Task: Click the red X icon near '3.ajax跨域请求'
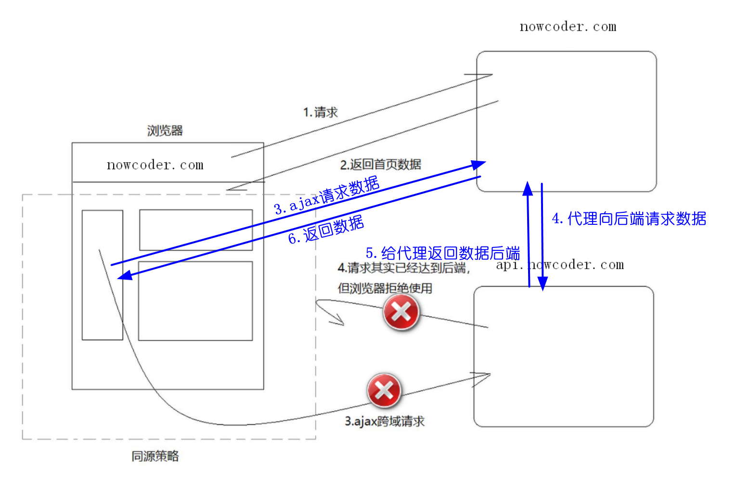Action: [x=384, y=390]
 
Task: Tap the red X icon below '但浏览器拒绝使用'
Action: [x=401, y=312]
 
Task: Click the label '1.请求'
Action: [x=321, y=112]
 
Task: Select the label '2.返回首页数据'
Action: [x=380, y=165]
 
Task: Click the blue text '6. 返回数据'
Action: [x=326, y=230]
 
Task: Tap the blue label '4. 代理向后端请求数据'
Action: [x=629, y=219]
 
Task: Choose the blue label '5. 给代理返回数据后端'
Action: [x=443, y=253]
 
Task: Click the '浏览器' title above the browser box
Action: [x=165, y=130]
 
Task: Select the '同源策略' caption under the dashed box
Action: [x=155, y=456]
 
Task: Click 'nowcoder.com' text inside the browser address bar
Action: [x=155, y=165]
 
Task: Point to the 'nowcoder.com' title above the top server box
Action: [x=568, y=27]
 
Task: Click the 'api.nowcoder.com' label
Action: [x=560, y=265]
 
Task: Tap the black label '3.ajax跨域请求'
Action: [x=385, y=421]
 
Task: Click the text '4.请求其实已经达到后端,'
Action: [x=403, y=268]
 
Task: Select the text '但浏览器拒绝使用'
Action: [x=385, y=288]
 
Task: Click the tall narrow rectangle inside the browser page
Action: [x=102, y=275]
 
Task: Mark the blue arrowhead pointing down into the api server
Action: [x=543, y=284]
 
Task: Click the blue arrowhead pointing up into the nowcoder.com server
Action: [x=528, y=188]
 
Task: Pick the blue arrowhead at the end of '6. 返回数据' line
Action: [x=125, y=275]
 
